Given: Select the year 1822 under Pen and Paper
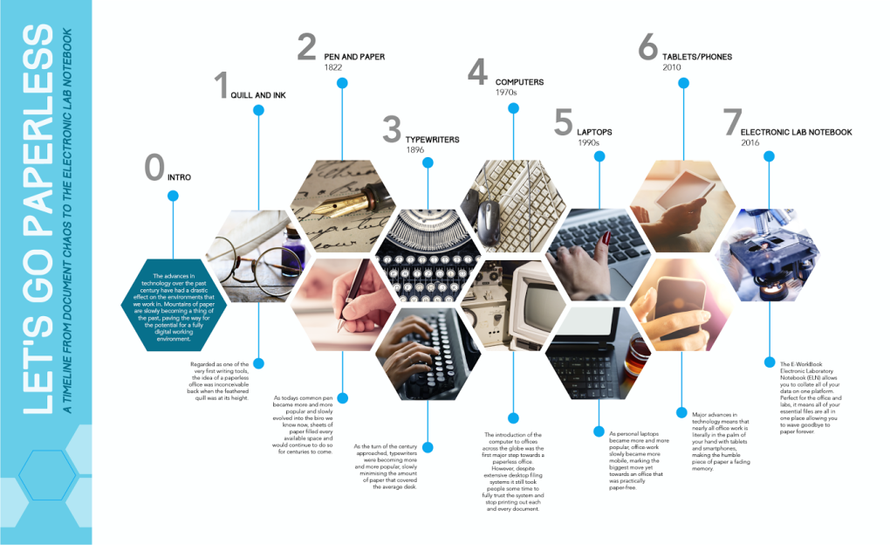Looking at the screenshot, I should tap(332, 67).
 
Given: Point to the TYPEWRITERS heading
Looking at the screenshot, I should tap(432, 139).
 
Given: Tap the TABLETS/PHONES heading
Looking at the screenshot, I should tap(697, 57).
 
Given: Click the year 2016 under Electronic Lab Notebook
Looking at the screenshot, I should tap(750, 142).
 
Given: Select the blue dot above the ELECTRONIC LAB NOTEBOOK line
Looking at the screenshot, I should tap(769, 156).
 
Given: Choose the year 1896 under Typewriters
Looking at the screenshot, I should tap(414, 149).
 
